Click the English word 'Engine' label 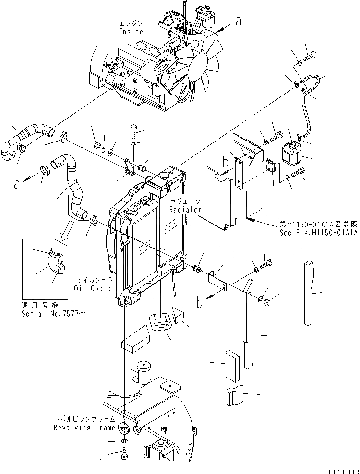click(x=131, y=31)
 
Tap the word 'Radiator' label click(x=185, y=210)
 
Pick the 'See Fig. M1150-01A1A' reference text click(x=318, y=233)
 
